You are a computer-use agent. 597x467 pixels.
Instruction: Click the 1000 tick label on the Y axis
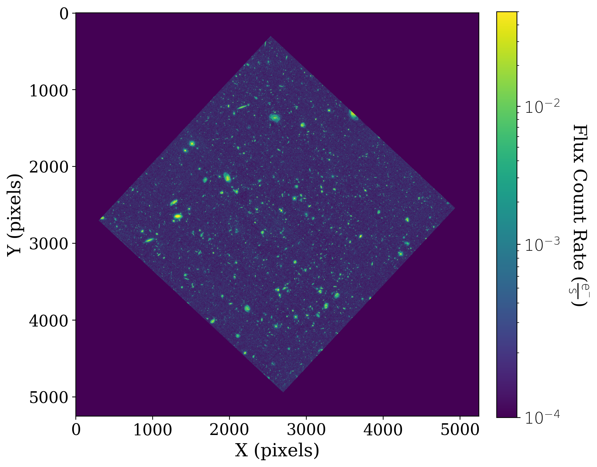tap(48, 91)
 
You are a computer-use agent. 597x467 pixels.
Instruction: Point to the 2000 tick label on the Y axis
tap(48, 167)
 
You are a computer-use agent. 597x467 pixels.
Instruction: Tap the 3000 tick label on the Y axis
tap(48, 244)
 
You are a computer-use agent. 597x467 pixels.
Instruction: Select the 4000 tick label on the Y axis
tap(48, 321)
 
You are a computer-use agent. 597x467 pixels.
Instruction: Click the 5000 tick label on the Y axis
tap(48, 398)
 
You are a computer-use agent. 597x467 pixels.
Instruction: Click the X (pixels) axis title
tap(277, 451)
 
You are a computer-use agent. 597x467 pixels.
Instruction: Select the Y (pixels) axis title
tap(15, 215)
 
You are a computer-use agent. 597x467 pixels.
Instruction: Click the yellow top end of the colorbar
tap(507, 15)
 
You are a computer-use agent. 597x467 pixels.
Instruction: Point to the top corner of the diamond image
tap(270, 36)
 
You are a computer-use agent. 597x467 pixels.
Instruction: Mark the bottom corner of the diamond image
tap(283, 392)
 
